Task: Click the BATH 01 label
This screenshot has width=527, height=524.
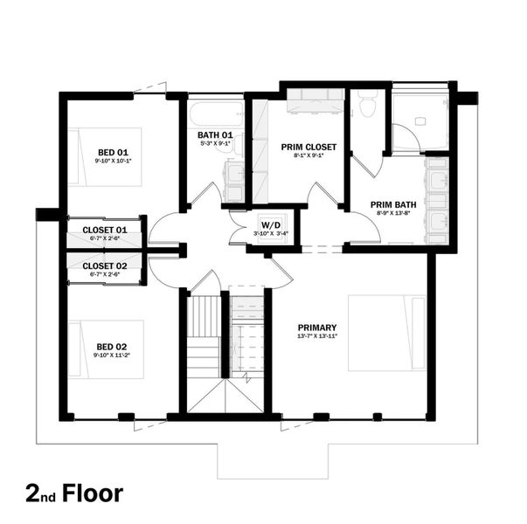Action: pos(214,134)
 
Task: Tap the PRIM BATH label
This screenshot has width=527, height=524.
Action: pos(392,203)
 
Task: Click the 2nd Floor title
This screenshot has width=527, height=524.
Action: pos(74,492)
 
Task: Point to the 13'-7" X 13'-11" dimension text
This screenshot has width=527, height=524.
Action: pos(316,336)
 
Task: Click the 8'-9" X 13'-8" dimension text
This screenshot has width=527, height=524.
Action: pos(392,213)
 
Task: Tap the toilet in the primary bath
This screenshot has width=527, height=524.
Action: pos(367,104)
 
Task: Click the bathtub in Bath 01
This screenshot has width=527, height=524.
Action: pos(215,114)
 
